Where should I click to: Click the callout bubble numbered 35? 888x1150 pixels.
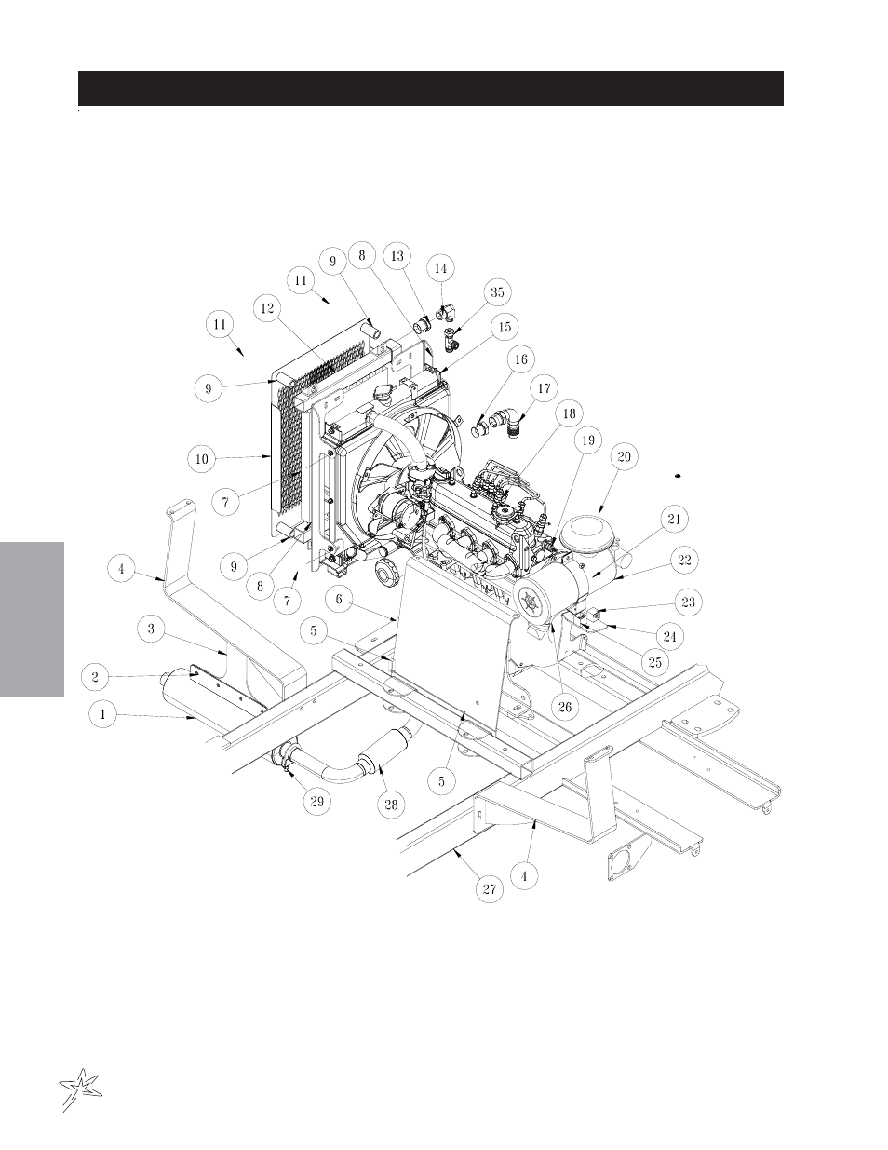click(x=497, y=292)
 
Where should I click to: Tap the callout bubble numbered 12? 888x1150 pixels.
click(x=267, y=308)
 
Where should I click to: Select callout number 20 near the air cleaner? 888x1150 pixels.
click(x=624, y=456)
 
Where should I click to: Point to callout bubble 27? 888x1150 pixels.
click(x=490, y=889)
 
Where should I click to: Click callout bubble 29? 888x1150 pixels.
click(x=316, y=801)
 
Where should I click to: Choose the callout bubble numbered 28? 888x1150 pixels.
click(x=391, y=805)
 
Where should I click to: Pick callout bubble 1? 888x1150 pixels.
click(x=102, y=714)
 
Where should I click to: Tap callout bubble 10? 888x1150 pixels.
click(x=202, y=459)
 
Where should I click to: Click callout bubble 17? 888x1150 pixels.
click(x=544, y=388)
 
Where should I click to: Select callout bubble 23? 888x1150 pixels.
click(x=688, y=602)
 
